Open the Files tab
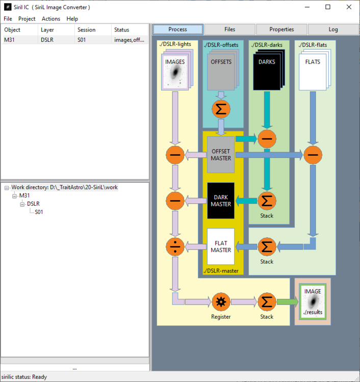click(x=229, y=30)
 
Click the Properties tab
click(x=281, y=30)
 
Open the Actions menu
click(x=51, y=19)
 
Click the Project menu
click(x=27, y=19)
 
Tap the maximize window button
click(x=328, y=7)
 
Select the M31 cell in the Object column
click(x=10, y=40)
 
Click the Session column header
click(x=87, y=30)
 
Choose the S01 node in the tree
click(x=39, y=212)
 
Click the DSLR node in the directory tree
click(x=34, y=204)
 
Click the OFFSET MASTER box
click(x=221, y=154)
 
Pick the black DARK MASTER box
click(x=221, y=201)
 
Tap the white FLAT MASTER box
click(x=221, y=247)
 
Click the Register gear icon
click(x=221, y=302)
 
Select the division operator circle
click(x=175, y=247)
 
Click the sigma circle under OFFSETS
click(x=221, y=108)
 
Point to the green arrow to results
click(x=287, y=302)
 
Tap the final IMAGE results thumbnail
click(x=313, y=302)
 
